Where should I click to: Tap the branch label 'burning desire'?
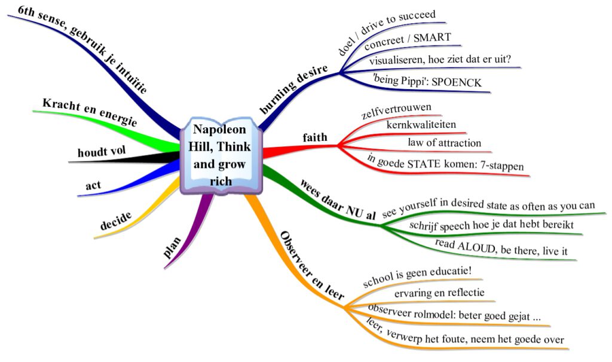point(294,90)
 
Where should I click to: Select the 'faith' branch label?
point(315,138)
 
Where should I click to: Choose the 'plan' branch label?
point(173,247)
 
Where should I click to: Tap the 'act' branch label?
point(93,185)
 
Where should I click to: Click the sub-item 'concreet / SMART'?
point(408,42)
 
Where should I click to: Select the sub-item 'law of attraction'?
point(444,143)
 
